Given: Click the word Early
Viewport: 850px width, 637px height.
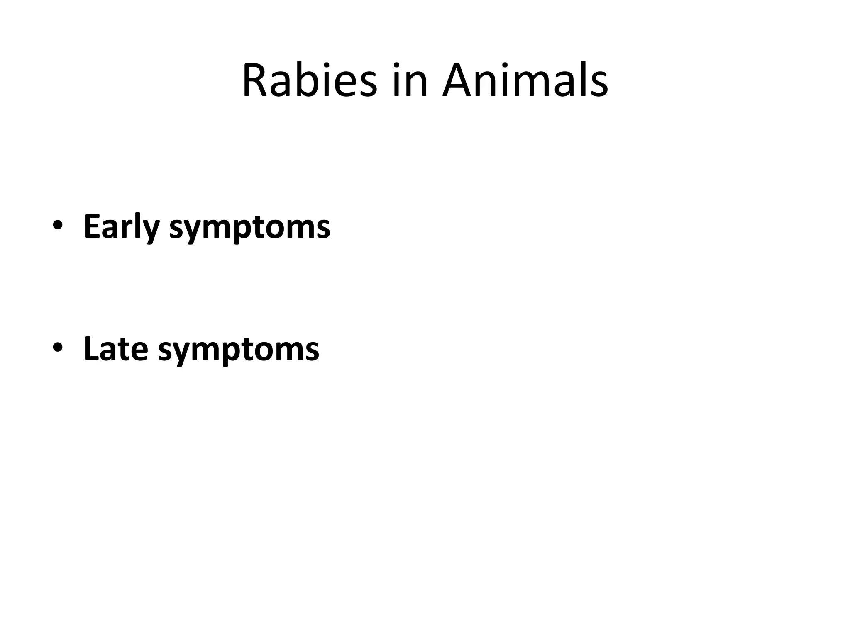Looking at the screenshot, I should pos(122,227).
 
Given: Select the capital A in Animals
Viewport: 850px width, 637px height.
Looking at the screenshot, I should pos(459,80).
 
